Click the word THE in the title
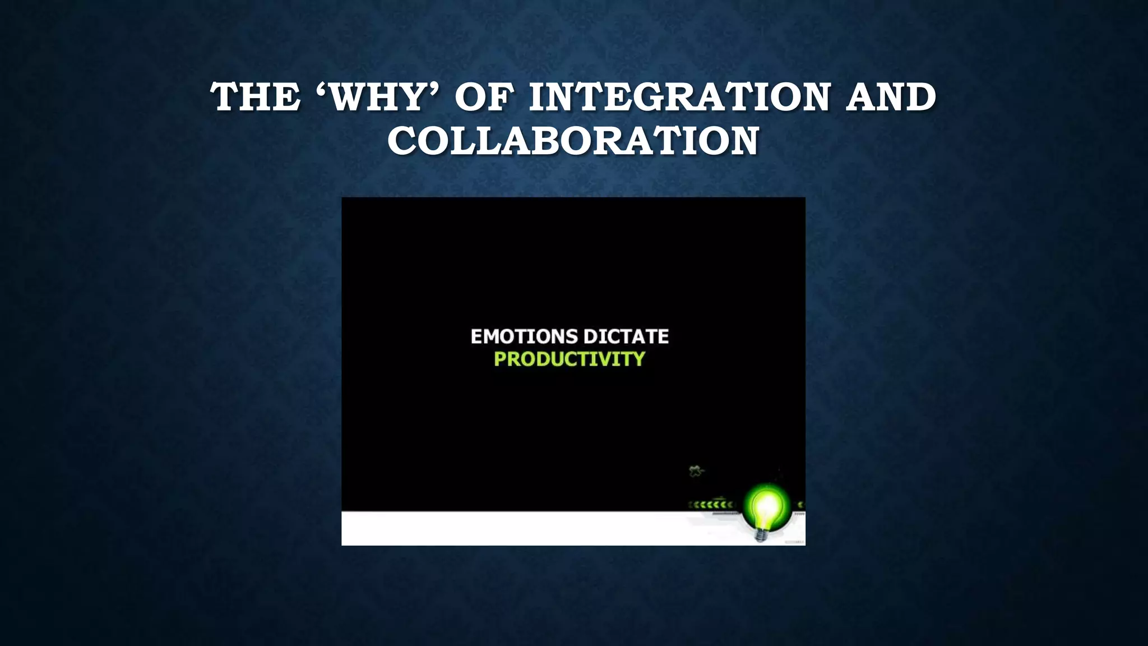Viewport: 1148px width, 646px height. pos(255,97)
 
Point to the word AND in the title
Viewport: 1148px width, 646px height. pos(891,97)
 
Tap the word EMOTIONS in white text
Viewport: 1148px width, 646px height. pos(516,336)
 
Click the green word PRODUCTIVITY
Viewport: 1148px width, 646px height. pos(570,359)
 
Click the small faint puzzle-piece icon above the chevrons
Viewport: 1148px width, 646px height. pos(696,471)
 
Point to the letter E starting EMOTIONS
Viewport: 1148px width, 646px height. pos(476,336)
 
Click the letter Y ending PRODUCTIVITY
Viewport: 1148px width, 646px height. pos(639,359)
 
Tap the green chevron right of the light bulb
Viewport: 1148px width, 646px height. pos(800,505)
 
